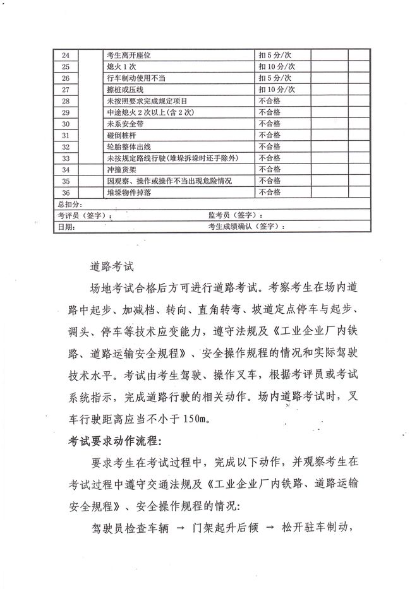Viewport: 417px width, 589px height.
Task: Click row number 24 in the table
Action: pos(66,56)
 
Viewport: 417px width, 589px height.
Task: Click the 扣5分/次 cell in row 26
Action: pos(275,78)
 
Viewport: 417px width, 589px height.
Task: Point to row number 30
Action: pos(66,124)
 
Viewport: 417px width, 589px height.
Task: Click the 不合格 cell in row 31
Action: pos(269,135)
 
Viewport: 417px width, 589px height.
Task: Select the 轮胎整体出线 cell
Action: pos(129,146)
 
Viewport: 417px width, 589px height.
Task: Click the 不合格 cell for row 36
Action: pos(269,193)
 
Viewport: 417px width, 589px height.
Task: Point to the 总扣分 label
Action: pos(68,204)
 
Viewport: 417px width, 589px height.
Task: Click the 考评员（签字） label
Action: pos(84,215)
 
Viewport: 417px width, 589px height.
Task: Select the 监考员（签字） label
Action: pos(234,215)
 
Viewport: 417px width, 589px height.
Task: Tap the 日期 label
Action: pos(65,226)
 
